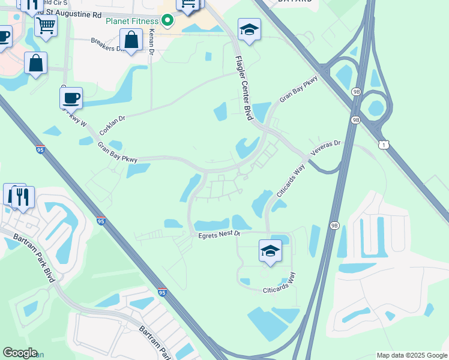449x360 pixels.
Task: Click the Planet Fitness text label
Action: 131,21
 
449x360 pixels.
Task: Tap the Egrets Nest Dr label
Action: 219,235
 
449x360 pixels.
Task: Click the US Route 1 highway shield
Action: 383,145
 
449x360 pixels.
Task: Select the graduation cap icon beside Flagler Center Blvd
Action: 249,29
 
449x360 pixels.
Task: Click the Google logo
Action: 20,353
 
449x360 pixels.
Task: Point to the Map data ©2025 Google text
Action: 411,355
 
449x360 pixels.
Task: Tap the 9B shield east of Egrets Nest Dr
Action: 334,226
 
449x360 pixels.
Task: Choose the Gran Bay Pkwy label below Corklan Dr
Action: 117,152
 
